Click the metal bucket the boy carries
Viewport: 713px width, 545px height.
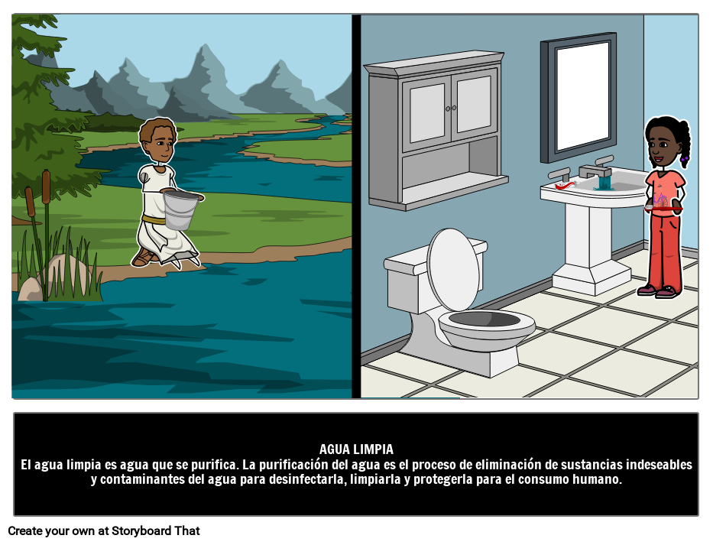pyautogui.click(x=180, y=209)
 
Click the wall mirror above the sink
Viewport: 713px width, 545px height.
pyautogui.click(x=582, y=97)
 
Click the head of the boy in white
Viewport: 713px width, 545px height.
pyautogui.click(x=158, y=141)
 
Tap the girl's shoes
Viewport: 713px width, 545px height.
pyautogui.click(x=656, y=290)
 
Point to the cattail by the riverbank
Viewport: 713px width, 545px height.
pyautogui.click(x=47, y=183)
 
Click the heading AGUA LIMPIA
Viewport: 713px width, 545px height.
pyautogui.click(x=356, y=449)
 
